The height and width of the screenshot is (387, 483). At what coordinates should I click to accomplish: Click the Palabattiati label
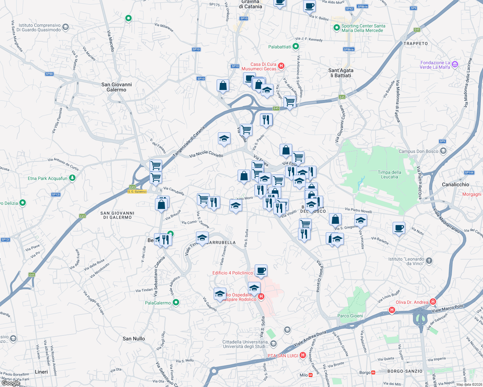click(x=280, y=47)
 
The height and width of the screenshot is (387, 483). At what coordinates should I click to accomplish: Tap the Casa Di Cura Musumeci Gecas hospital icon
click(x=281, y=66)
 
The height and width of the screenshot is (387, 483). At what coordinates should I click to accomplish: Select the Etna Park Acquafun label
click(x=47, y=178)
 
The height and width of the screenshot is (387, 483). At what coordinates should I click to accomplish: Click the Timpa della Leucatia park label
click(x=389, y=174)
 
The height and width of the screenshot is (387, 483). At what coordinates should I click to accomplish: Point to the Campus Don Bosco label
click(x=418, y=151)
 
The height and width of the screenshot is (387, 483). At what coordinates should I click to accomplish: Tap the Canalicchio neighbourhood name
click(x=455, y=184)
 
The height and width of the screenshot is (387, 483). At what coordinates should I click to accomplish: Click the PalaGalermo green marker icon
click(x=176, y=303)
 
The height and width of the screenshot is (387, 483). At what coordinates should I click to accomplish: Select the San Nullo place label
click(x=134, y=339)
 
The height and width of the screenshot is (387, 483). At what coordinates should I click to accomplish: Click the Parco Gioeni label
click(x=350, y=316)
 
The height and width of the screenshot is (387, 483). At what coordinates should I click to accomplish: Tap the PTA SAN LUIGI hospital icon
click(x=303, y=355)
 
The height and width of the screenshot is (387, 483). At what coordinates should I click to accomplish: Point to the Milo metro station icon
click(x=311, y=375)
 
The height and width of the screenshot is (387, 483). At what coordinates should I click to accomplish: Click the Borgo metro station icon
click(x=373, y=372)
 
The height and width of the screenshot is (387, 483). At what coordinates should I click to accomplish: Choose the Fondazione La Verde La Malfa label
click(x=435, y=65)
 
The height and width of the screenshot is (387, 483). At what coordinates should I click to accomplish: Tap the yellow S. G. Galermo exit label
click(x=137, y=192)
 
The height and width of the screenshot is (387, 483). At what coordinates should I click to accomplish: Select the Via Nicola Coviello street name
click(x=206, y=154)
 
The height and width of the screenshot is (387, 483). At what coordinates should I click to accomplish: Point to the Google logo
click(x=11, y=383)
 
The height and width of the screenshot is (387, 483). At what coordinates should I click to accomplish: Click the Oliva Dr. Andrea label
click(x=412, y=302)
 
